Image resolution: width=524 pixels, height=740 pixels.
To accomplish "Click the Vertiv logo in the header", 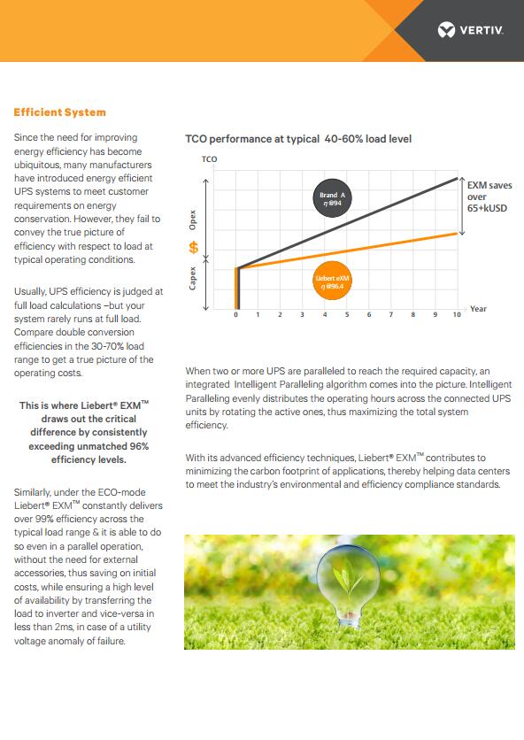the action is click(x=470, y=30).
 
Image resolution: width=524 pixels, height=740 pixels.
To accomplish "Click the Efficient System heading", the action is click(x=60, y=112).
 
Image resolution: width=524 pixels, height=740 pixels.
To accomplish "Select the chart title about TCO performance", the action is click(x=298, y=139).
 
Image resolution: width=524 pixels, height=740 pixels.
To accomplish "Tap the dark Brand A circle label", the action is click(x=332, y=198).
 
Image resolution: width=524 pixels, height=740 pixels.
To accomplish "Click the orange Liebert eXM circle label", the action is click(x=332, y=281).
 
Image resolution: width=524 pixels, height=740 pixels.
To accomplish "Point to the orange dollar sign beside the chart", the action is click(x=194, y=247).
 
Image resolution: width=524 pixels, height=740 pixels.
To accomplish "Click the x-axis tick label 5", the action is click(x=347, y=314).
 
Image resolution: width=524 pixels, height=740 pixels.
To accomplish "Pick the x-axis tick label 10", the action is click(x=457, y=314).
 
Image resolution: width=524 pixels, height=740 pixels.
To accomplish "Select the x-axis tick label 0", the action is click(x=236, y=314).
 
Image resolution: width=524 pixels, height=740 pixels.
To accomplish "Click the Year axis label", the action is click(x=478, y=309).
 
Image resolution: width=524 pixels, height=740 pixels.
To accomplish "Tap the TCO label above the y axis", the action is click(x=209, y=159).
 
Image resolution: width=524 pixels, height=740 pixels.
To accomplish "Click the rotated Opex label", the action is click(x=193, y=220).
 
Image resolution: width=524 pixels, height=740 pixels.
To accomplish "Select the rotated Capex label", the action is click(x=193, y=278).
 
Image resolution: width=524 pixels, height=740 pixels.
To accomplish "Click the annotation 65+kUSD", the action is click(x=487, y=208).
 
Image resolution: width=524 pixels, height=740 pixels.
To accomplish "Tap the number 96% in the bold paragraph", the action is click(x=139, y=446).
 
